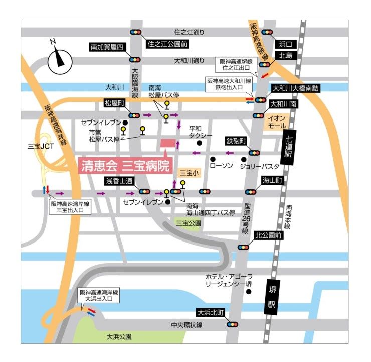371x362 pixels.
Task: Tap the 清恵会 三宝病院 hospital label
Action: pyautogui.click(x=125, y=166)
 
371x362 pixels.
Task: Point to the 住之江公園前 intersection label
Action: pyautogui.click(x=167, y=44)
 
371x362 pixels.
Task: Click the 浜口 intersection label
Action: pyautogui.click(x=288, y=44)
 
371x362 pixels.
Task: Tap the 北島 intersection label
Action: pyautogui.click(x=288, y=55)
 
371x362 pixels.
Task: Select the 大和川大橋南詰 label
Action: pyautogui.click(x=295, y=88)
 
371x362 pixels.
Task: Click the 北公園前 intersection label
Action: pyautogui.click(x=269, y=235)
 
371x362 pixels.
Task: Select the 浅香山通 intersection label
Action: pyautogui.click(x=118, y=180)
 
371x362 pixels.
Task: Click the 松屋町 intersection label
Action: pyautogui.click(x=114, y=103)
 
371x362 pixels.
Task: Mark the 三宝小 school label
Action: pyautogui.click(x=189, y=173)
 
